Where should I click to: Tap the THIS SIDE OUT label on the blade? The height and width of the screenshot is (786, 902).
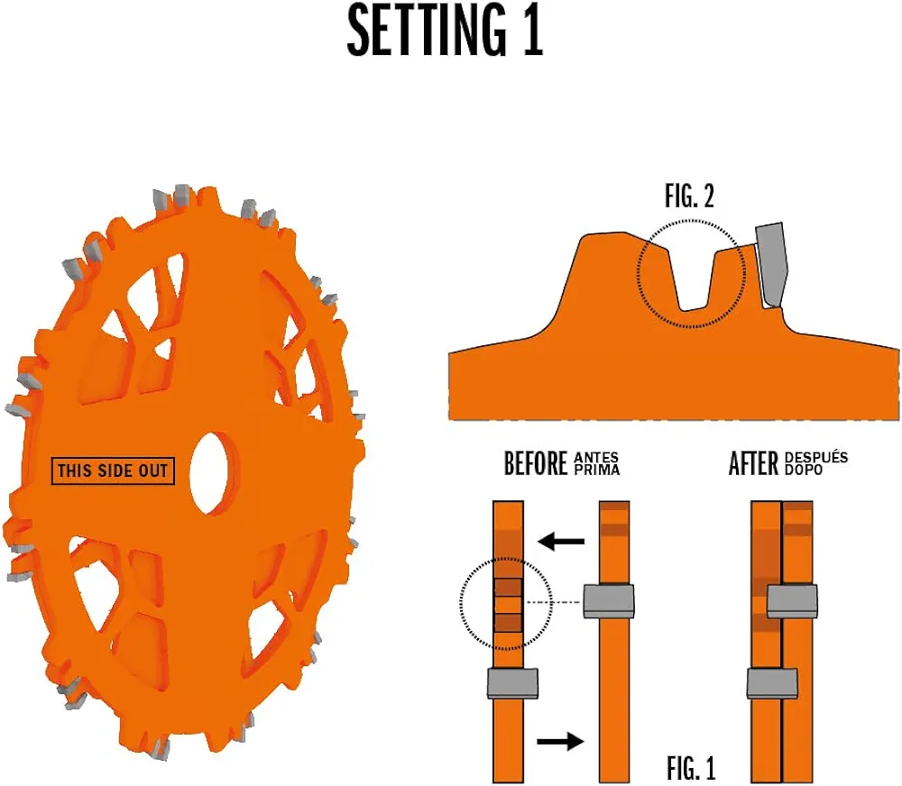tap(113, 471)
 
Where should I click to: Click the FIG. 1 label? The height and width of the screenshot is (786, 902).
tap(691, 769)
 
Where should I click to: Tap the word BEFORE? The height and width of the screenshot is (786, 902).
tap(536, 464)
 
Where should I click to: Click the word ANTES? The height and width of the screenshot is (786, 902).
tap(596, 458)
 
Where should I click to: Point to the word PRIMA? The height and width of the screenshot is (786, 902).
tap(596, 470)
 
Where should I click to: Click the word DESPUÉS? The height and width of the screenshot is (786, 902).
tap(817, 458)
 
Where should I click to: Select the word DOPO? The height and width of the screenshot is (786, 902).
tap(804, 470)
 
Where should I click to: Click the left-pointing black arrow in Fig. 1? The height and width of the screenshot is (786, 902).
tap(561, 541)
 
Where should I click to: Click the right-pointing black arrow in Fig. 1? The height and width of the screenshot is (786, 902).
tap(560, 741)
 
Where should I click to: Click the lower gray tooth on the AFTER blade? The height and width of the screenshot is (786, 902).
tap(774, 683)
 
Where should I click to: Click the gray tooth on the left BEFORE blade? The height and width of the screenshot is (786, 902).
tap(512, 682)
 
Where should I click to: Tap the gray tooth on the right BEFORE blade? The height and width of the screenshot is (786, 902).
tap(609, 599)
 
